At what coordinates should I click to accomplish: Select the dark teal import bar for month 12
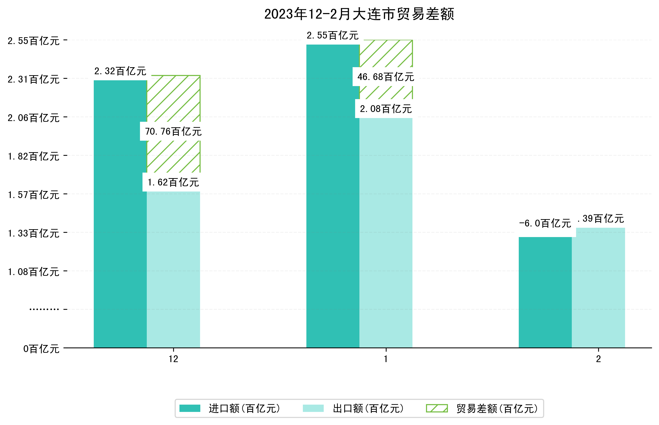(x=120, y=214)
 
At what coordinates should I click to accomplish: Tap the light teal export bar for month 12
(x=173, y=269)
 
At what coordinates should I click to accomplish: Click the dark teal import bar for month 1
(x=333, y=196)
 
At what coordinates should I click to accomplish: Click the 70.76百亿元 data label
(x=173, y=131)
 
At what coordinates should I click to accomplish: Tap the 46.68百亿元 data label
(x=386, y=77)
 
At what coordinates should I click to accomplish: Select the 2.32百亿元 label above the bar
(x=120, y=71)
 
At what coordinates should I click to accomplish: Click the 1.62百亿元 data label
(x=173, y=182)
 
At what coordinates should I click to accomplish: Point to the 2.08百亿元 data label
(x=386, y=109)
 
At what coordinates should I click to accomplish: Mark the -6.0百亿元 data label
(x=545, y=223)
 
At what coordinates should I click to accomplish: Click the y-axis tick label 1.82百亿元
(x=34, y=156)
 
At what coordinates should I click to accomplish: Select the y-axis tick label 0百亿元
(x=41, y=349)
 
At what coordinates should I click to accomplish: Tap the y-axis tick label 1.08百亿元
(x=34, y=272)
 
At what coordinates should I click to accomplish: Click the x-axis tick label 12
(x=173, y=359)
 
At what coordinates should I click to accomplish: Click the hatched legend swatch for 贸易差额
(x=437, y=408)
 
